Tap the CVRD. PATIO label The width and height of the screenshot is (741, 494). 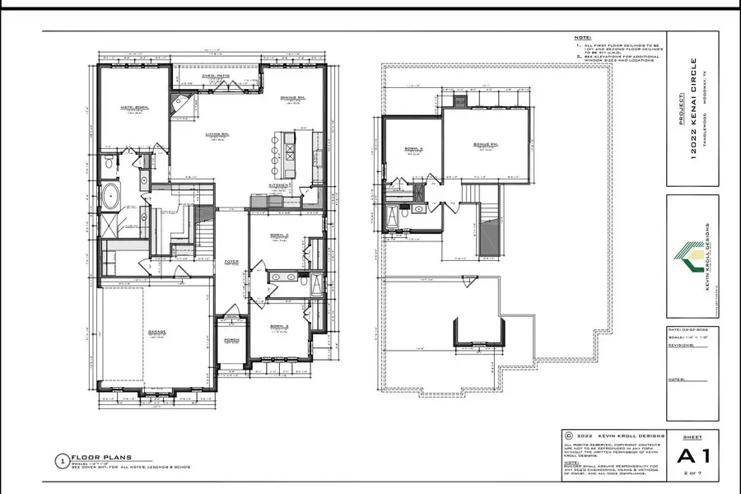pyautogui.click(x=217, y=76)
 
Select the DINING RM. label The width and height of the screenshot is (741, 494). pyautogui.click(x=292, y=98)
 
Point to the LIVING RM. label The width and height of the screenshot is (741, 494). pyautogui.click(x=217, y=134)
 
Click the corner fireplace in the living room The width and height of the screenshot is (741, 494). pyautogui.click(x=178, y=105)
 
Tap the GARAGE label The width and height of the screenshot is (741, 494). pyautogui.click(x=157, y=333)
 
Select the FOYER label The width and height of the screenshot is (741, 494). pyautogui.click(x=231, y=263)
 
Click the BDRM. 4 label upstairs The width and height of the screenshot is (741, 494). pyautogui.click(x=412, y=148)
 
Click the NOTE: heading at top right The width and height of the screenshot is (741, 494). pyautogui.click(x=582, y=38)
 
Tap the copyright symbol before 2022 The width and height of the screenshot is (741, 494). pyautogui.click(x=568, y=434)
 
